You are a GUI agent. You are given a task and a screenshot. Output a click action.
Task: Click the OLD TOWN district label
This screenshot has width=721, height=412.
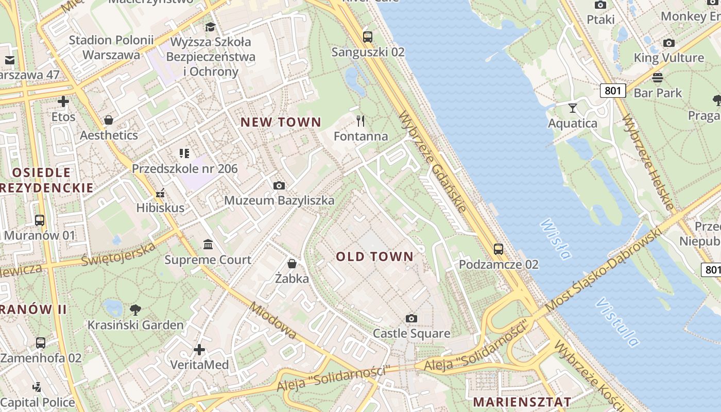[x=375, y=256]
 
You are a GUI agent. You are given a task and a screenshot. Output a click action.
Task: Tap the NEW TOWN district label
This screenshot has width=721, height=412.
[x=281, y=122]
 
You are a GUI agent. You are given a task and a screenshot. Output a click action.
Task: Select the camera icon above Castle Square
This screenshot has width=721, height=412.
[x=411, y=318]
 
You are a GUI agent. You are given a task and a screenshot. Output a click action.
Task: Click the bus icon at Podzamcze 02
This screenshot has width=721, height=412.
[x=499, y=249]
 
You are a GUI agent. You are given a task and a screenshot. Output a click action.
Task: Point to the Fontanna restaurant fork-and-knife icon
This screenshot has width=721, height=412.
[x=360, y=121]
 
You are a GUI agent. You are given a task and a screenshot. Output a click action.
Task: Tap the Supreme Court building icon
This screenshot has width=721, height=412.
[x=208, y=244]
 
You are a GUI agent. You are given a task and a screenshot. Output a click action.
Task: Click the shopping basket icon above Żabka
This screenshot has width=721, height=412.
[x=292, y=264]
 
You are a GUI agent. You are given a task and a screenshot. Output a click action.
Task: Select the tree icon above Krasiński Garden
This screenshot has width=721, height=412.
[x=135, y=310]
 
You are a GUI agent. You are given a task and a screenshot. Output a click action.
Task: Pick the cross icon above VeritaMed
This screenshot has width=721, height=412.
[x=199, y=350]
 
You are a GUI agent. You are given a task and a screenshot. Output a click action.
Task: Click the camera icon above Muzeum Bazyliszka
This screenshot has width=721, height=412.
[x=279, y=185]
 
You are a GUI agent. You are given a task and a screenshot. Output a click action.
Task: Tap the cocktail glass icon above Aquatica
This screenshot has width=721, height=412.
[x=572, y=108]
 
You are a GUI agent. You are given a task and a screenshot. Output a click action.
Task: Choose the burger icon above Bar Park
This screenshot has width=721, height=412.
[x=658, y=78]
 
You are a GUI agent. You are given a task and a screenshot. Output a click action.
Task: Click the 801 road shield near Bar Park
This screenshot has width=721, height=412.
[x=613, y=91]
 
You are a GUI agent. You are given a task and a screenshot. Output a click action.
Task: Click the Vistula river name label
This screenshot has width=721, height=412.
[x=617, y=322]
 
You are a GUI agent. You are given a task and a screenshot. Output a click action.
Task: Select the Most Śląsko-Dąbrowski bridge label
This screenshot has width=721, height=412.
[x=603, y=270]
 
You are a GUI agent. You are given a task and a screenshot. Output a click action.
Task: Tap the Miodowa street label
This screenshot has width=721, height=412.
[x=273, y=320]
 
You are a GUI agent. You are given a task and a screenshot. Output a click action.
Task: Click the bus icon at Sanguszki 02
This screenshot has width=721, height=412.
[x=368, y=37]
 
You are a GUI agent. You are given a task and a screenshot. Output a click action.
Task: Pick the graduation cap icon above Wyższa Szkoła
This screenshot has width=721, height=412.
[x=210, y=26]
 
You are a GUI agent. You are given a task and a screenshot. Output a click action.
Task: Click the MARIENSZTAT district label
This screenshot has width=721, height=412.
[x=522, y=402]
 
